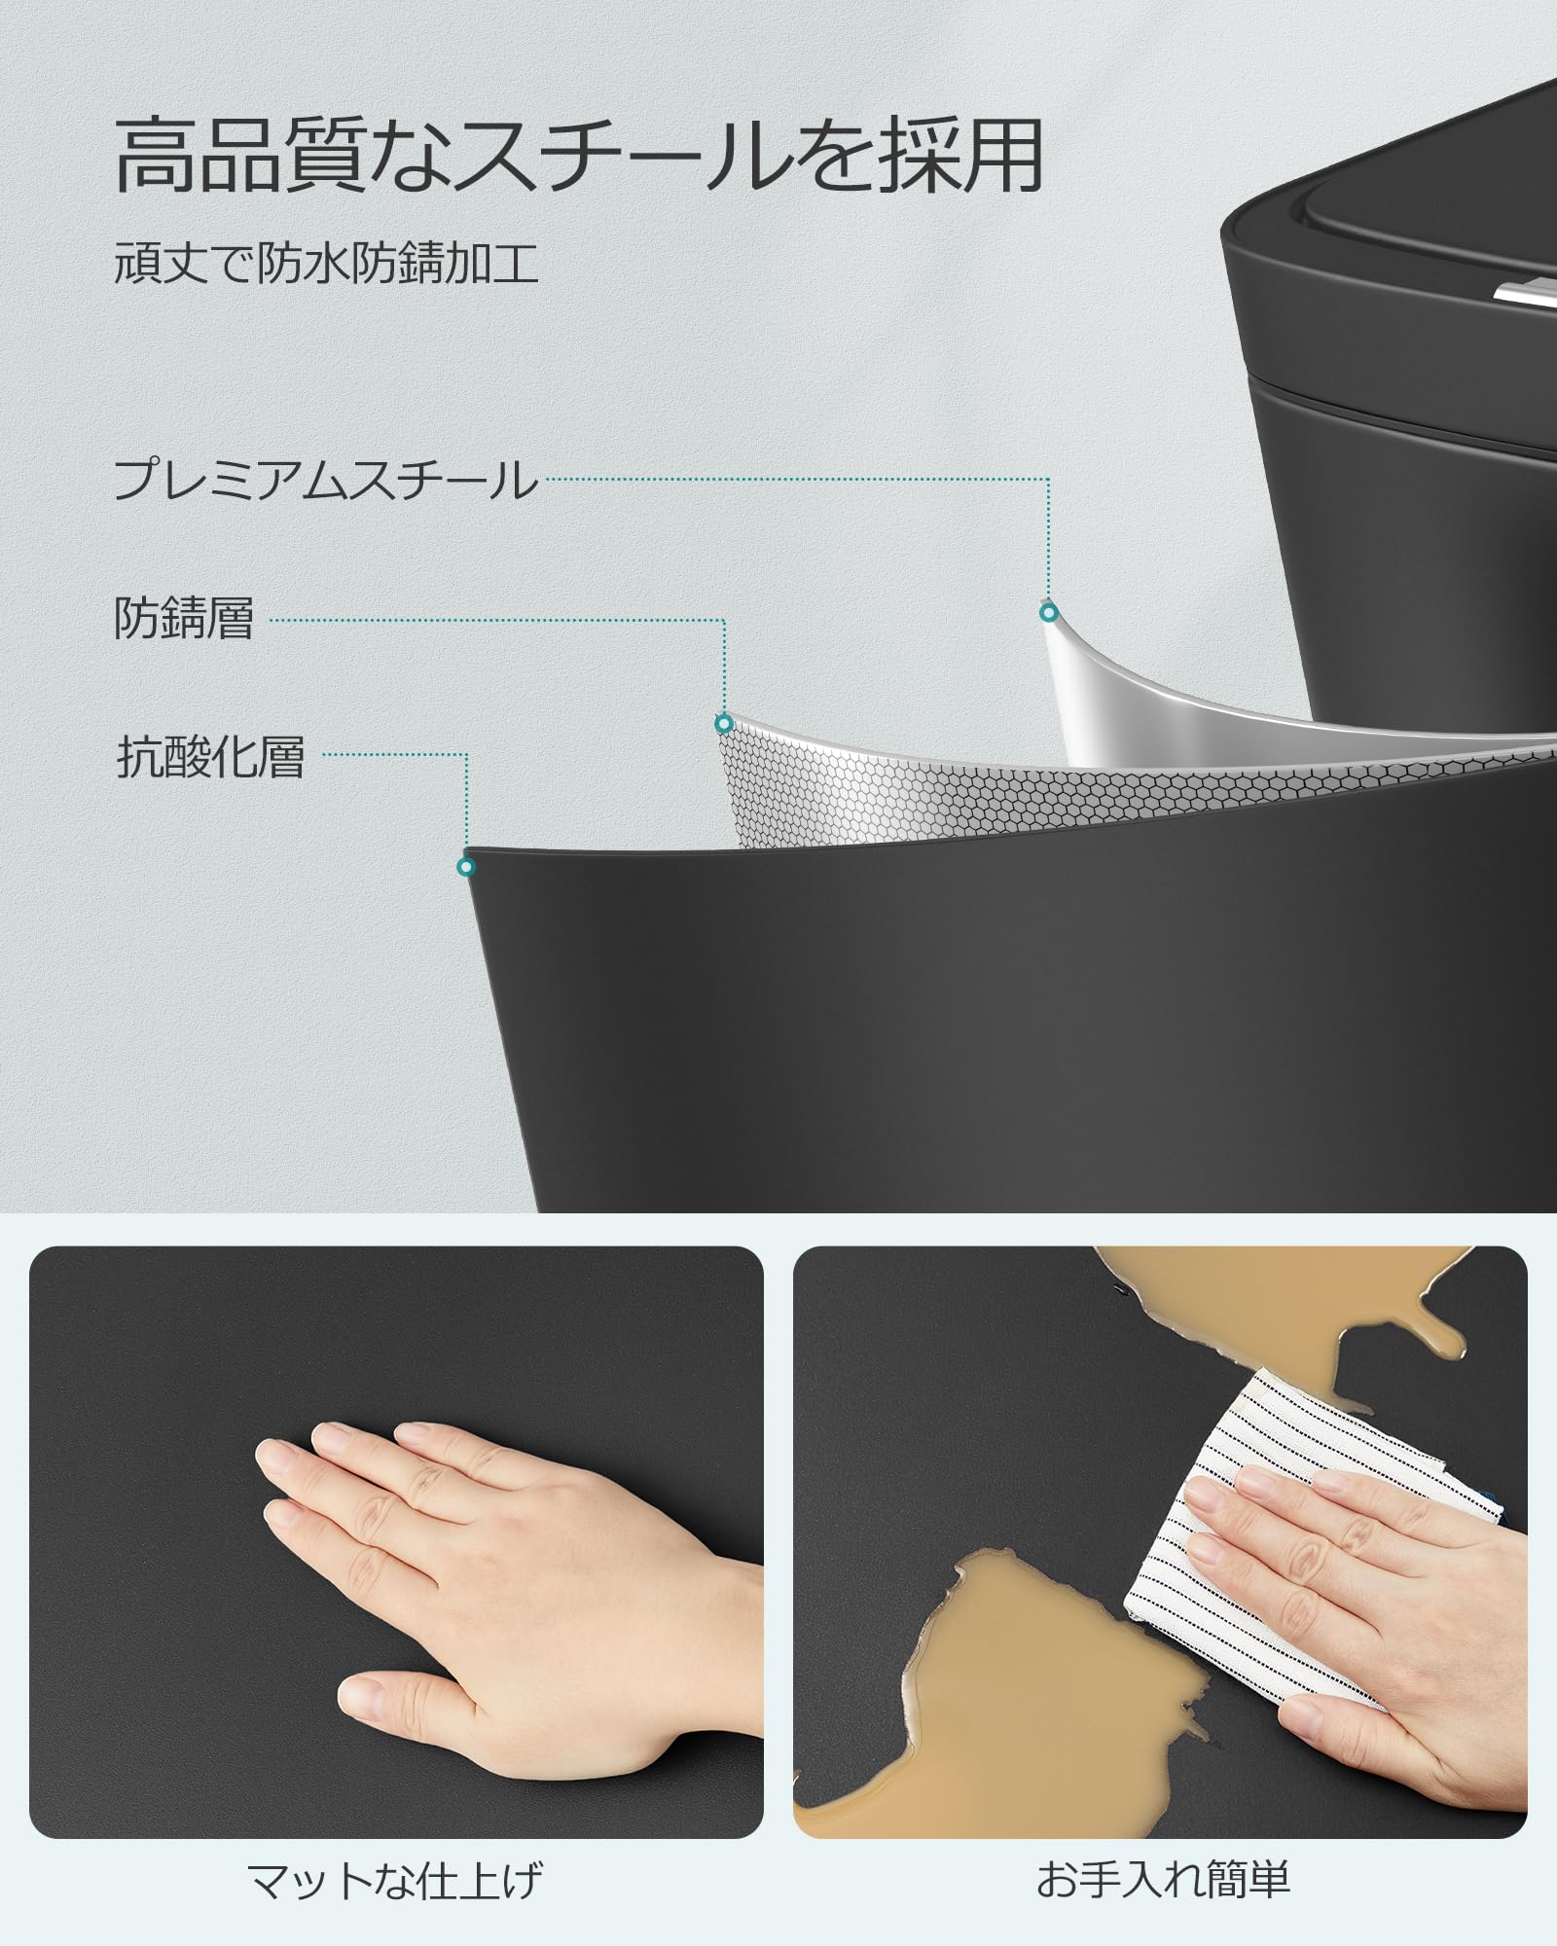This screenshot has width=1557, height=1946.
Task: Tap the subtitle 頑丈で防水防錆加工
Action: (x=326, y=264)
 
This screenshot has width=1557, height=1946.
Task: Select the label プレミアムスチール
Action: (x=326, y=481)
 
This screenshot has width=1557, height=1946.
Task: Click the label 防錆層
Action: (x=184, y=619)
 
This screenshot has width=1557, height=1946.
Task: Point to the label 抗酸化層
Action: (x=210, y=757)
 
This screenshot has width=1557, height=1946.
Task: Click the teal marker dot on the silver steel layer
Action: (x=1048, y=613)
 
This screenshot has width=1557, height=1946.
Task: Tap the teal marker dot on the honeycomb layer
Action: (x=723, y=723)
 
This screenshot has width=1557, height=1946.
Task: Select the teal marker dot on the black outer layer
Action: (x=466, y=866)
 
